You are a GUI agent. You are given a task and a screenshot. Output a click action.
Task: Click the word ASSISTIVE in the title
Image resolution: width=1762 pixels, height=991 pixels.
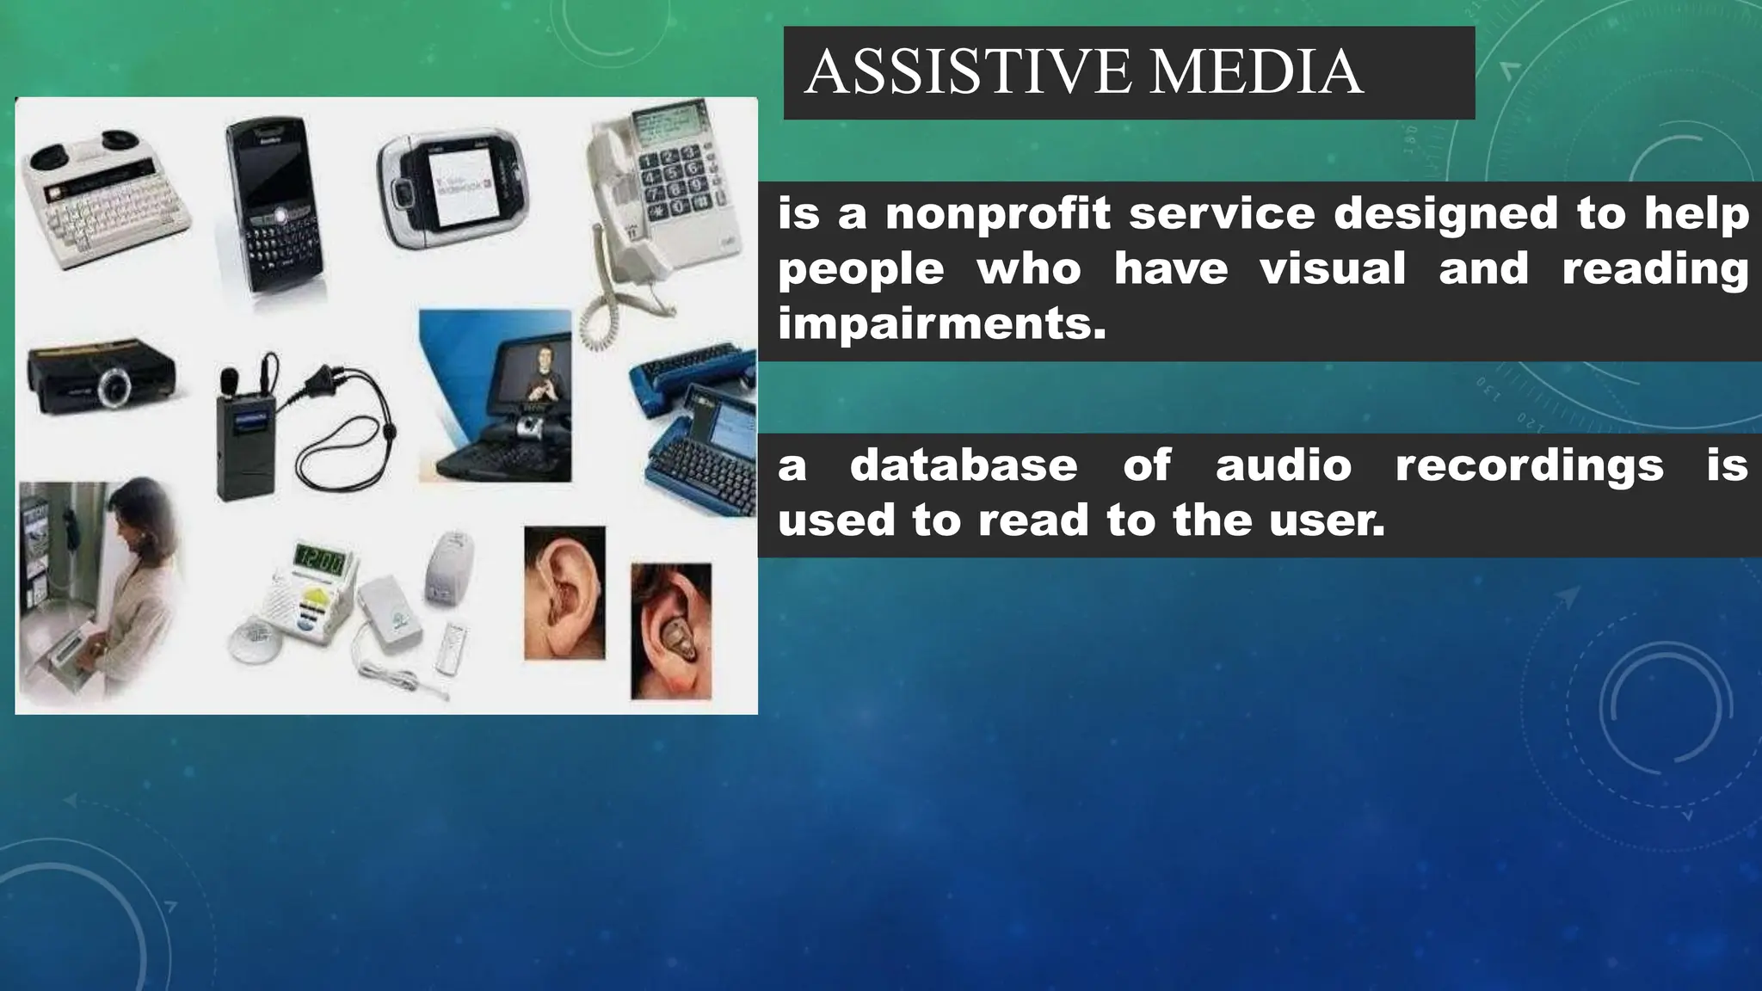click(967, 72)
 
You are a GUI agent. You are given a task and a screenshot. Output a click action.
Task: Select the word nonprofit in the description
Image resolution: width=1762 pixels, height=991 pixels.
click(998, 213)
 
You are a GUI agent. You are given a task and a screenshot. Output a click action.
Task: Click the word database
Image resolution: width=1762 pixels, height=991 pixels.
click(964, 465)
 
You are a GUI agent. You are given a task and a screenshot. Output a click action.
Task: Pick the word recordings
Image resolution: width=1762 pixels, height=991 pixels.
click(1529, 465)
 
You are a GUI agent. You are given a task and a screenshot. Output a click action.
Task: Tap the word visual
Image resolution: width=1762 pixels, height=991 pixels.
click(1333, 268)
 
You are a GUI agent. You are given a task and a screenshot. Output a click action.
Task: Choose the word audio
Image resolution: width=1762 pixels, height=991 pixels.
click(1284, 465)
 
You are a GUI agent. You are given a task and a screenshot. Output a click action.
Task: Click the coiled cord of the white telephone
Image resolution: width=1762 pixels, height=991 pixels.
click(601, 318)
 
